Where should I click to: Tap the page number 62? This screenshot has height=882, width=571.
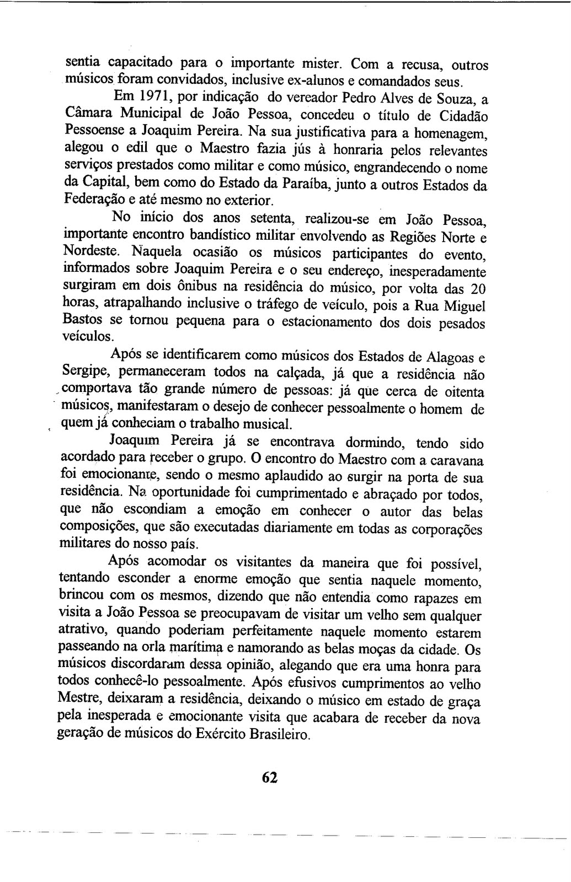click(270, 777)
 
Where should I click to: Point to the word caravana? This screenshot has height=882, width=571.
click(457, 460)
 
